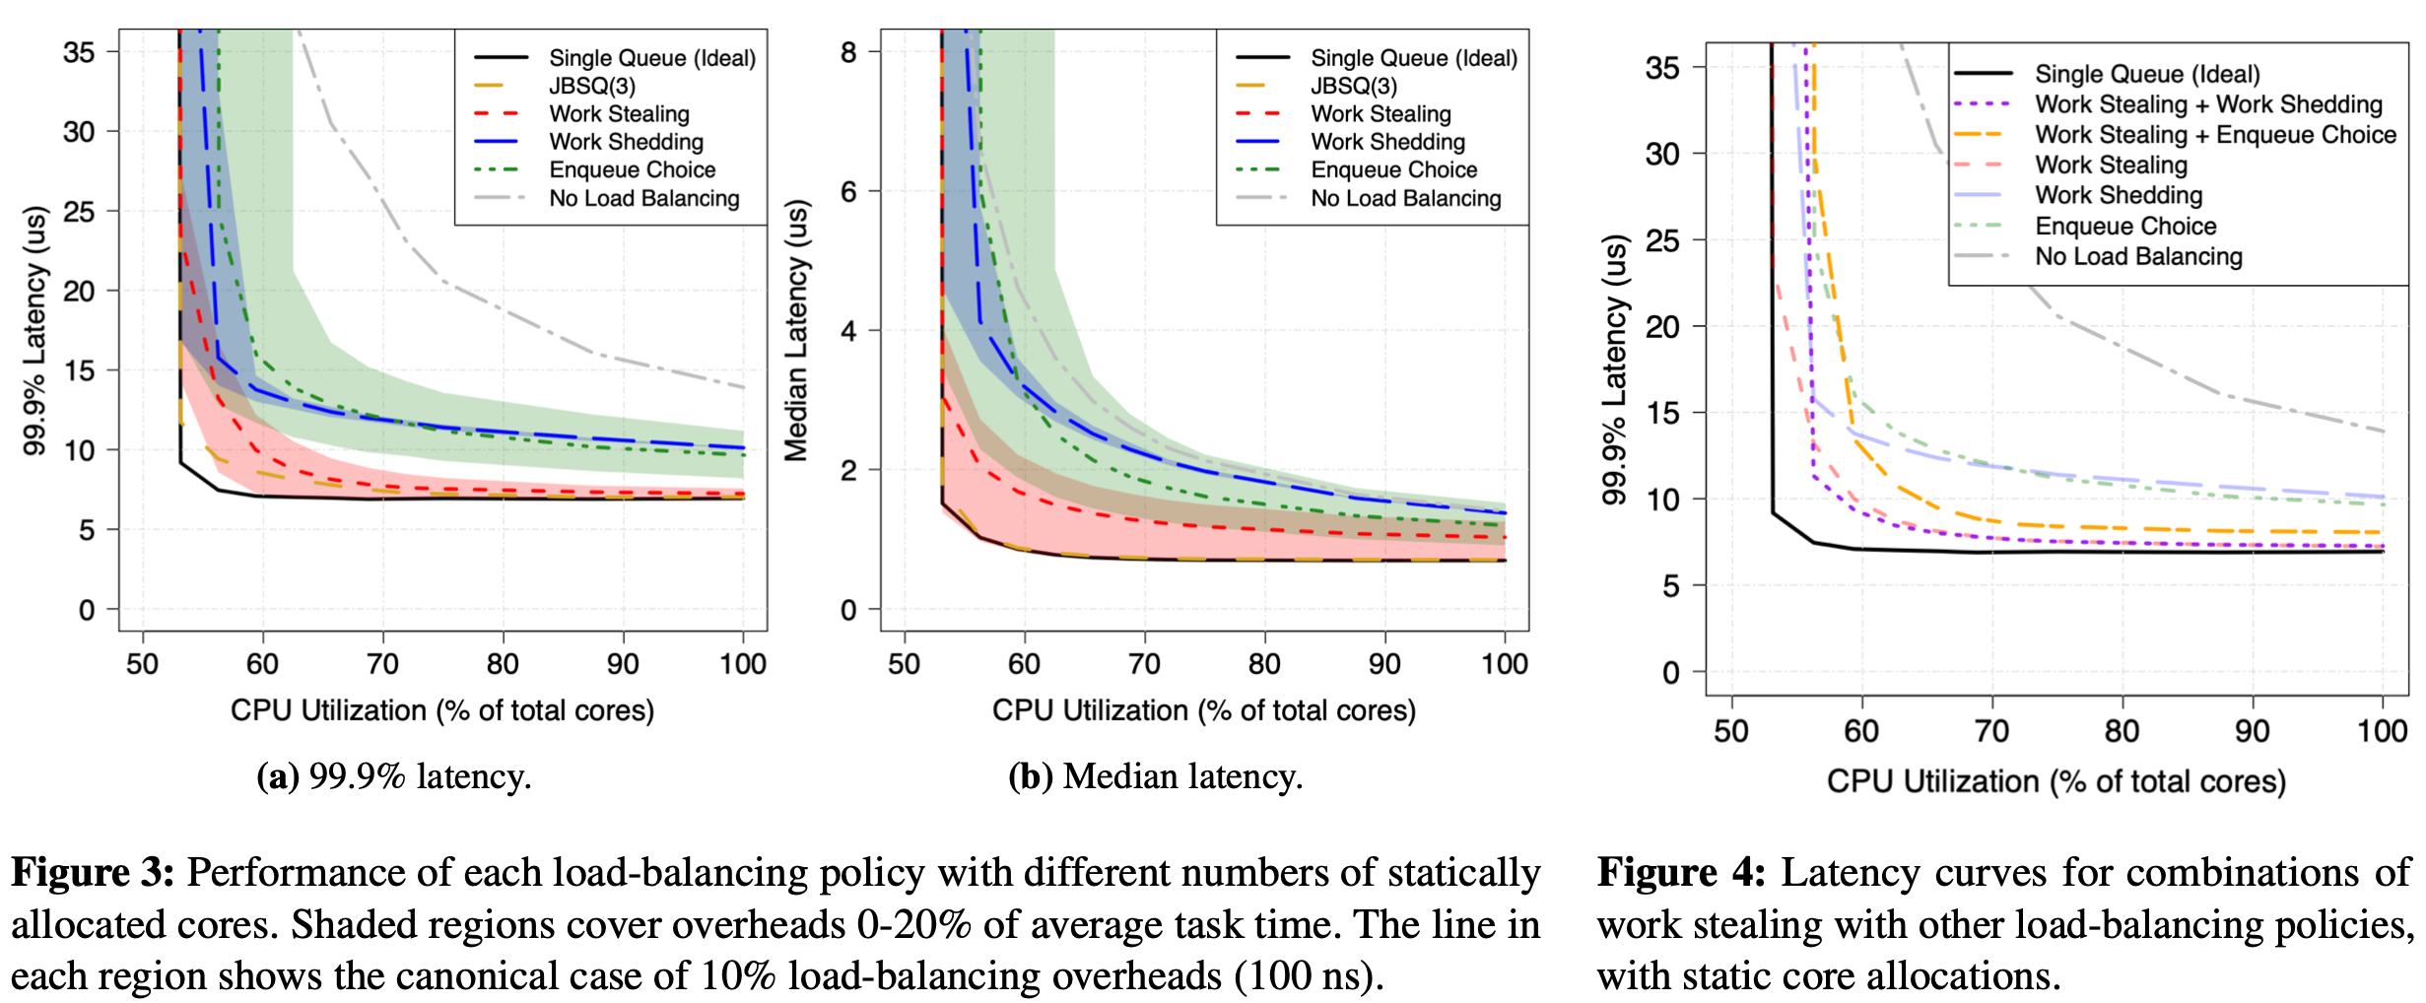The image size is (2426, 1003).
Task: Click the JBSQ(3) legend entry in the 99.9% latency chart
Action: pos(591,87)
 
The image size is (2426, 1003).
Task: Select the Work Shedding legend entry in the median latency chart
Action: pos(1387,142)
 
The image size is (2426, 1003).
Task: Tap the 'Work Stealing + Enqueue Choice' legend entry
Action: pos(2215,135)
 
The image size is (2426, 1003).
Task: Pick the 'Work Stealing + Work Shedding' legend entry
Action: pos(2208,104)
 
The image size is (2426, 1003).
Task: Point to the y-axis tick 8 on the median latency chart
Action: pos(848,52)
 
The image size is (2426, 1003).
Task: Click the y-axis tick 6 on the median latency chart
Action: pos(848,191)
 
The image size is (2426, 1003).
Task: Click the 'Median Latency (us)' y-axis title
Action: pos(796,330)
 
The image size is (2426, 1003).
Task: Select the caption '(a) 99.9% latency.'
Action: pos(394,776)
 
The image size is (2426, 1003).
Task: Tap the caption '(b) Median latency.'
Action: pos(1155,776)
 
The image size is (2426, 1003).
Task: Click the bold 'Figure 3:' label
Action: pos(93,873)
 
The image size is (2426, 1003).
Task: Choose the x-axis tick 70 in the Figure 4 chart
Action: pos(1991,731)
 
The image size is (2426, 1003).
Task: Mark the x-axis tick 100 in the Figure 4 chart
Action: pos(2382,731)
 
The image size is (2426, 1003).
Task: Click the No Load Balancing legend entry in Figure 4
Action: pos(2138,257)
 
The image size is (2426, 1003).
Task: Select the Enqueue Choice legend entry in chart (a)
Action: pos(632,170)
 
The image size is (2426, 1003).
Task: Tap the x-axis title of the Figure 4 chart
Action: pos(2055,781)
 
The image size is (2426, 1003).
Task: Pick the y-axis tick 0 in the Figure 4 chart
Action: pos(1670,673)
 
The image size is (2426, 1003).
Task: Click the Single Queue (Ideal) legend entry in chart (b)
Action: pos(1413,58)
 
